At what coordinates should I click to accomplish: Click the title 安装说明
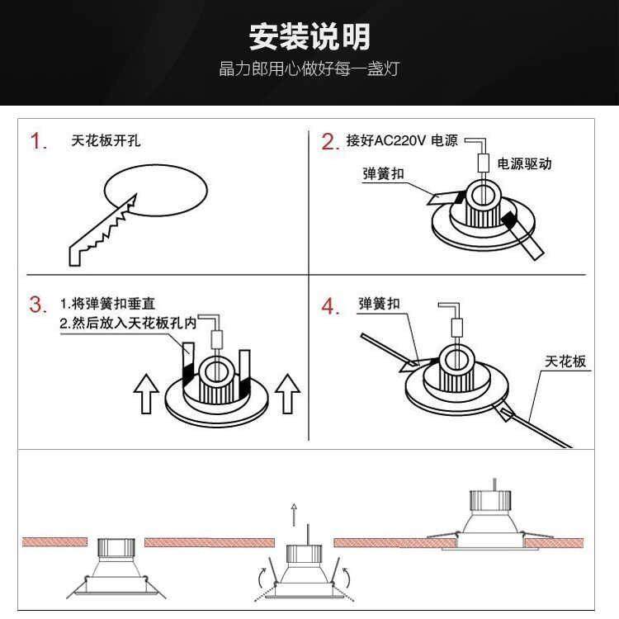309,36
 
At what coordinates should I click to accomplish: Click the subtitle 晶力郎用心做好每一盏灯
309,69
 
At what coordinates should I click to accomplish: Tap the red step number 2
330,142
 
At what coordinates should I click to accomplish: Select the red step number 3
38,304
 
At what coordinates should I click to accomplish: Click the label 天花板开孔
106,140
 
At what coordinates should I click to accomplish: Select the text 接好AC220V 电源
402,140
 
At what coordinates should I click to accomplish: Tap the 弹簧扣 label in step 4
380,304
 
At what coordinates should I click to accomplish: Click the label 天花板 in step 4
565,361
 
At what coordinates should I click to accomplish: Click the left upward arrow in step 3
146,394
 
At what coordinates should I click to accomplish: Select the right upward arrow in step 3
286,394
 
